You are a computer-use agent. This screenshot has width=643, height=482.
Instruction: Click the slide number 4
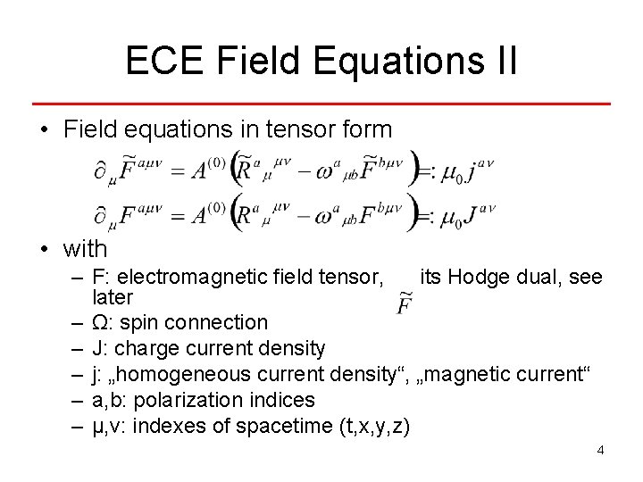tap(601, 450)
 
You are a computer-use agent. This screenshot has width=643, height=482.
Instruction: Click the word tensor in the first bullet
tap(304, 129)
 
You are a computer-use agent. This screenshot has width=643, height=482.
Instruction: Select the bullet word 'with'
tap(85, 249)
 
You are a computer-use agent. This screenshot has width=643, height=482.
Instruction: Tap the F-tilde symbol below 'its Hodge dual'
tap(404, 305)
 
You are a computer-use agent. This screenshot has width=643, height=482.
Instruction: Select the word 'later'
tap(113, 297)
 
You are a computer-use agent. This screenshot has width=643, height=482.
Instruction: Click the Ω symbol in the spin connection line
tap(102, 322)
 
